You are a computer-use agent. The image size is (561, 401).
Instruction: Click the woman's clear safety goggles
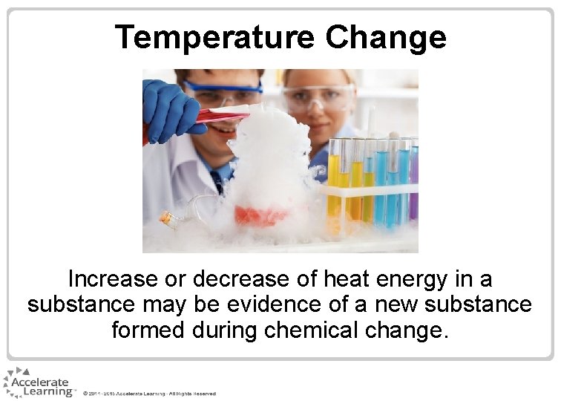318,97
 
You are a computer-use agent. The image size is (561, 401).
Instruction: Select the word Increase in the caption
113,279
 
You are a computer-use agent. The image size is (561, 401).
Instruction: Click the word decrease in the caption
240,279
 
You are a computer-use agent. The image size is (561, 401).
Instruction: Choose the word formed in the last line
148,330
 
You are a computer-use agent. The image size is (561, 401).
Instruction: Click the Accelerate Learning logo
38,383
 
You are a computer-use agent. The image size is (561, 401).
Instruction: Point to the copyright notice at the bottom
149,393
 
